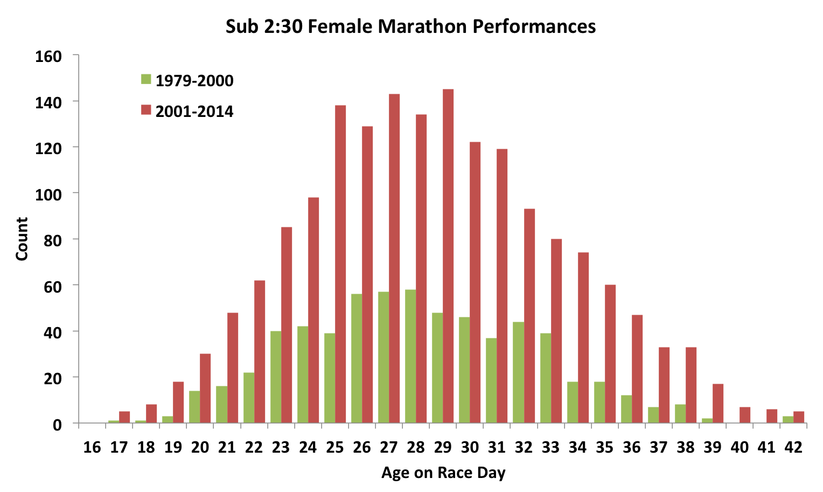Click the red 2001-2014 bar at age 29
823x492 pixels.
448,256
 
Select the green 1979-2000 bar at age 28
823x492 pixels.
410,356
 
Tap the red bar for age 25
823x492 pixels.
340,264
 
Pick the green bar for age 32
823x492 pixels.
518,372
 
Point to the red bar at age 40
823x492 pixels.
745,415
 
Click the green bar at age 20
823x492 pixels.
194,407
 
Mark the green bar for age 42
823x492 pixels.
788,420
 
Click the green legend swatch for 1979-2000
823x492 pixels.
146,79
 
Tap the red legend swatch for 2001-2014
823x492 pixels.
146,110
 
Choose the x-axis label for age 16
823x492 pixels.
92,447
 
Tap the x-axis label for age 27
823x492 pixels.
389,447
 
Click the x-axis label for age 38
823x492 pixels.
686,447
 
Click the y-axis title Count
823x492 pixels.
22,239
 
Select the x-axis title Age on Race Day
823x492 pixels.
443,473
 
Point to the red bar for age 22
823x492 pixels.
260,351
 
